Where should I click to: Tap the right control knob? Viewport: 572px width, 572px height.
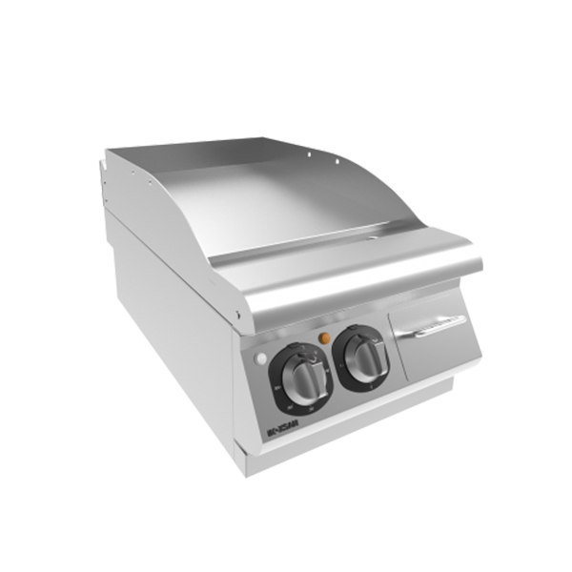point(363,356)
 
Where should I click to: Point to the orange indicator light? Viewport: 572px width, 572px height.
point(325,337)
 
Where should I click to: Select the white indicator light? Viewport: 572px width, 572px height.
point(261,357)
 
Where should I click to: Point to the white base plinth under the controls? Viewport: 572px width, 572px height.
point(362,419)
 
